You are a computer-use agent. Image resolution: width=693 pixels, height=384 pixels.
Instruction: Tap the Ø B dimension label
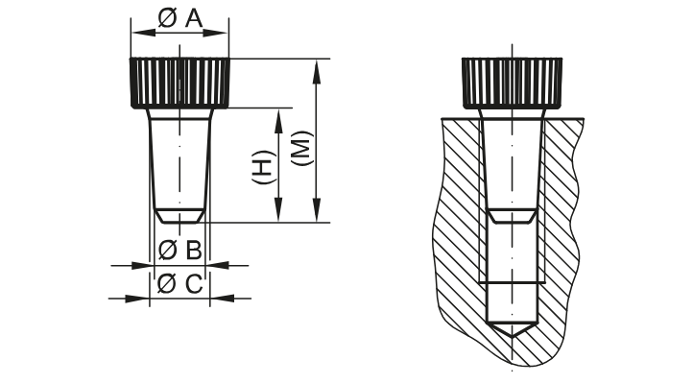click(x=179, y=251)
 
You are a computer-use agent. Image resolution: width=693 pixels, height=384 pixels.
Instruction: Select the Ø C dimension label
click(x=179, y=283)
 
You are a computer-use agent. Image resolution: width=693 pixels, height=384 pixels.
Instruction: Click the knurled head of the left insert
click(x=179, y=83)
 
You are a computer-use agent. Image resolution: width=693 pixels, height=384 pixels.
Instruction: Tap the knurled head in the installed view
click(x=512, y=83)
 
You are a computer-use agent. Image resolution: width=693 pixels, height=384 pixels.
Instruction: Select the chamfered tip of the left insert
click(x=179, y=215)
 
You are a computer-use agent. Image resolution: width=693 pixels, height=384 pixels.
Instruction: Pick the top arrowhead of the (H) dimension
click(x=279, y=115)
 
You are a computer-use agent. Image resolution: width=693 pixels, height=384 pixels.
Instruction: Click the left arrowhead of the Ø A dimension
click(x=137, y=32)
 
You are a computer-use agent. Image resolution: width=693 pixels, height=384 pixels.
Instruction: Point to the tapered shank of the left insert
click(x=179, y=158)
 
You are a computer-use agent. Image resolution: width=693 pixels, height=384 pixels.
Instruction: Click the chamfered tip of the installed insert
click(x=512, y=216)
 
